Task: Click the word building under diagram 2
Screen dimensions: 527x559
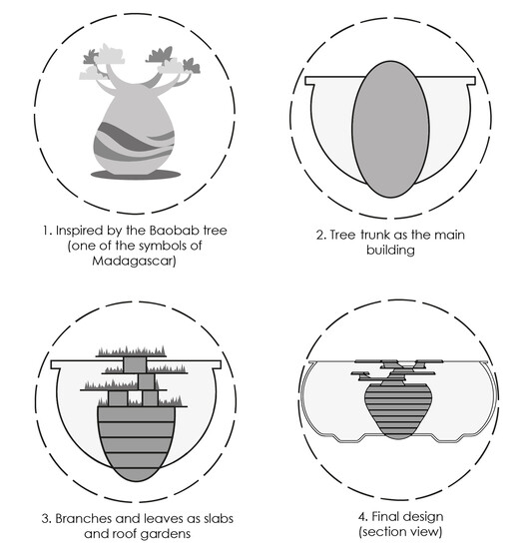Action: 390,251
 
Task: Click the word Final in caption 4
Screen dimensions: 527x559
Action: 382,517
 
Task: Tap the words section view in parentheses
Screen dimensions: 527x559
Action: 400,532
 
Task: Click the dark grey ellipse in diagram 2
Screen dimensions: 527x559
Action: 390,129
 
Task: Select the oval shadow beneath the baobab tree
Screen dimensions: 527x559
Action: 136,175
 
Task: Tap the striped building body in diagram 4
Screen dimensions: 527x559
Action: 398,410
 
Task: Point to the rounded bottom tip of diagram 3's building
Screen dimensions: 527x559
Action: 136,481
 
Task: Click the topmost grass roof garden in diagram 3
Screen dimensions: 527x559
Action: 132,351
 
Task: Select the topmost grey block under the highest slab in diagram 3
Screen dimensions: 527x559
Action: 135,364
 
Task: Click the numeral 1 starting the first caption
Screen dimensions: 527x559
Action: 46,231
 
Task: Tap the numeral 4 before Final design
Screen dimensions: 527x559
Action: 362,517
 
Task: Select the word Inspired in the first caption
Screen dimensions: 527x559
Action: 79,231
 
